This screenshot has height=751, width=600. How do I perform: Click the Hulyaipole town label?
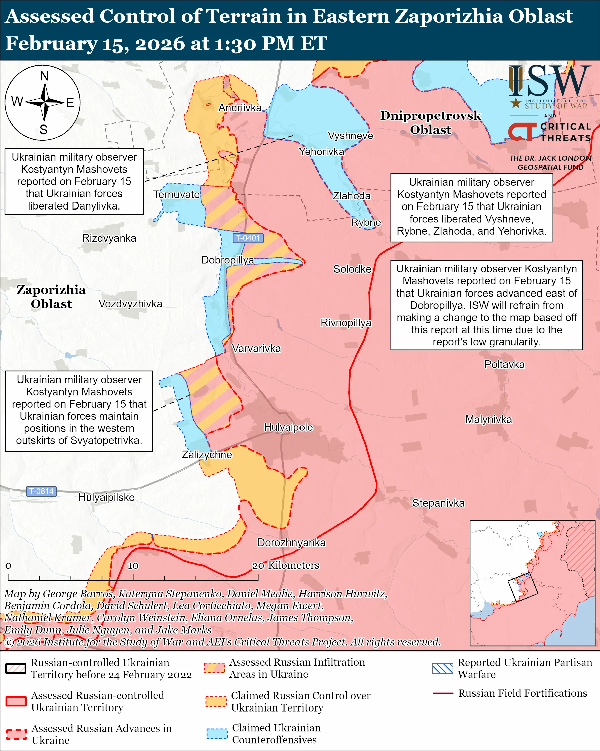pyautogui.click(x=288, y=427)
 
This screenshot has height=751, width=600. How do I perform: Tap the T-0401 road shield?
pyautogui.click(x=248, y=238)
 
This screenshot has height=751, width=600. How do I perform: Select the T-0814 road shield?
pyautogui.click(x=41, y=491)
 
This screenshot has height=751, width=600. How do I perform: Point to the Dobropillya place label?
pyautogui.click(x=228, y=260)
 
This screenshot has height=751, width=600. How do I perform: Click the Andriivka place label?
pyautogui.click(x=240, y=108)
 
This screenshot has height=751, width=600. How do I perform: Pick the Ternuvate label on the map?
pyautogui.click(x=177, y=195)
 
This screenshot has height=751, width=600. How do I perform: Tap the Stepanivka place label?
pyautogui.click(x=438, y=503)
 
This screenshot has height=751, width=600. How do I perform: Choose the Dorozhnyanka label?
pyautogui.click(x=291, y=543)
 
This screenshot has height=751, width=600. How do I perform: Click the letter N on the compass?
pyautogui.click(x=44, y=76)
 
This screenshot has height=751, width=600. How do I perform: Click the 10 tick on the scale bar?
pyautogui.click(x=133, y=566)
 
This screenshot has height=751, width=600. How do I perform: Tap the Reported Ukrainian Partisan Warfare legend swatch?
pyautogui.click(x=443, y=668)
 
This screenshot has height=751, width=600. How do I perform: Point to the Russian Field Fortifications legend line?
pyautogui.click(x=443, y=693)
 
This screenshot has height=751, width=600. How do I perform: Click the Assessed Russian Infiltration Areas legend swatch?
pyautogui.click(x=214, y=668)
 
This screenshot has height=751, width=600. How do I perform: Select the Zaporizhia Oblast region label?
pyautogui.click(x=51, y=297)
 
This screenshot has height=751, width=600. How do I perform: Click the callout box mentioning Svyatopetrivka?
pyautogui.click(x=79, y=411)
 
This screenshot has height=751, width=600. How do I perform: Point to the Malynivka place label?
pyautogui.click(x=488, y=420)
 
